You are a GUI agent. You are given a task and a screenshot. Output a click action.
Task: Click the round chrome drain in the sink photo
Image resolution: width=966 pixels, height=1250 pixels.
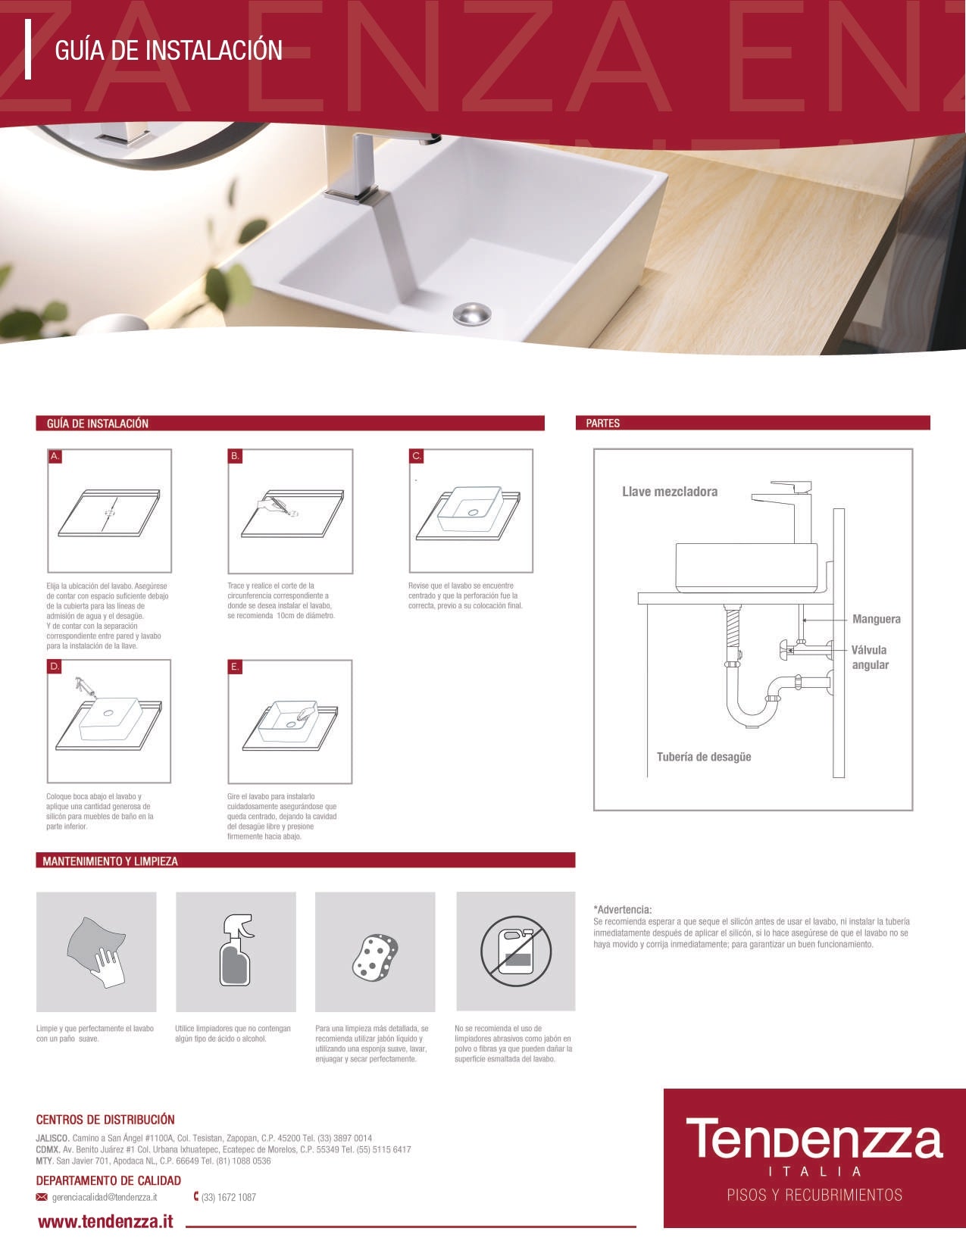pos(471,313)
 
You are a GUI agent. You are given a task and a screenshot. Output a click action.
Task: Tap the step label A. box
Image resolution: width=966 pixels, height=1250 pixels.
pos(55,456)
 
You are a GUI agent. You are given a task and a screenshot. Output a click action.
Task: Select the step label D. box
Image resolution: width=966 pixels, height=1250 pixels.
pos(55,667)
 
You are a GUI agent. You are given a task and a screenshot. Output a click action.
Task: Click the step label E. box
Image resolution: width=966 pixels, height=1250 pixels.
pos(235,667)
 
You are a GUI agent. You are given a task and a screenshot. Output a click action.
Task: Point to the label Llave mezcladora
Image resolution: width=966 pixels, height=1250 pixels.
pos(670,492)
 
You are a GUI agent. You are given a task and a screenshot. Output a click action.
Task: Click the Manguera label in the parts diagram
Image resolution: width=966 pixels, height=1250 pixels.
pos(877,619)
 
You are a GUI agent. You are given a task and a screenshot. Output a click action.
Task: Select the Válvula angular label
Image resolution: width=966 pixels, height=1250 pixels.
pos(869,658)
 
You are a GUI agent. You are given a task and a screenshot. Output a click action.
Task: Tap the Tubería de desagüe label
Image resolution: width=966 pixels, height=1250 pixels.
pos(704,757)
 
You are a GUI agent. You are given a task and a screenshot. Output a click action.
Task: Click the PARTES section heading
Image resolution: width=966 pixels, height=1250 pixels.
pos(603,423)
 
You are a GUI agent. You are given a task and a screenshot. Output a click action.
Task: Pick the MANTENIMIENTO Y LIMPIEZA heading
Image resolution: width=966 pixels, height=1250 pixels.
pos(111,861)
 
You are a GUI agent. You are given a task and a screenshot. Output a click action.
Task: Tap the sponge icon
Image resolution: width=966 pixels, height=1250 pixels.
pos(375,955)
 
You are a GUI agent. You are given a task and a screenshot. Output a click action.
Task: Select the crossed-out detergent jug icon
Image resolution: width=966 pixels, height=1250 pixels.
pos(516,952)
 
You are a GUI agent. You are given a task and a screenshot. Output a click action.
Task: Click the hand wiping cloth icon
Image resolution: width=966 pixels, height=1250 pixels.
pos(96,952)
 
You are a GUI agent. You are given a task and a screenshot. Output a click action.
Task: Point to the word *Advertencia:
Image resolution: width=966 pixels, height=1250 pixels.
pos(623,909)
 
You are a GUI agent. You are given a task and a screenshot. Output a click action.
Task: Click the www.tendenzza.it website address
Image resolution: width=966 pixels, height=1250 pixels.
pos(105,1221)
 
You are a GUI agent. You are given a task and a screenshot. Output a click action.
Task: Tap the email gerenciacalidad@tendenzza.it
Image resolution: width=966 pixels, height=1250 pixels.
pos(105,1197)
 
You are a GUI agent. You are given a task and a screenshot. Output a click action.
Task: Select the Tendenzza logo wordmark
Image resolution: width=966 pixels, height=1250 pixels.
pos(814,1139)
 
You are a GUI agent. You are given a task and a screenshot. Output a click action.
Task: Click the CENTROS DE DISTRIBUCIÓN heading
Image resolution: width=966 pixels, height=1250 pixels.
pos(105,1120)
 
